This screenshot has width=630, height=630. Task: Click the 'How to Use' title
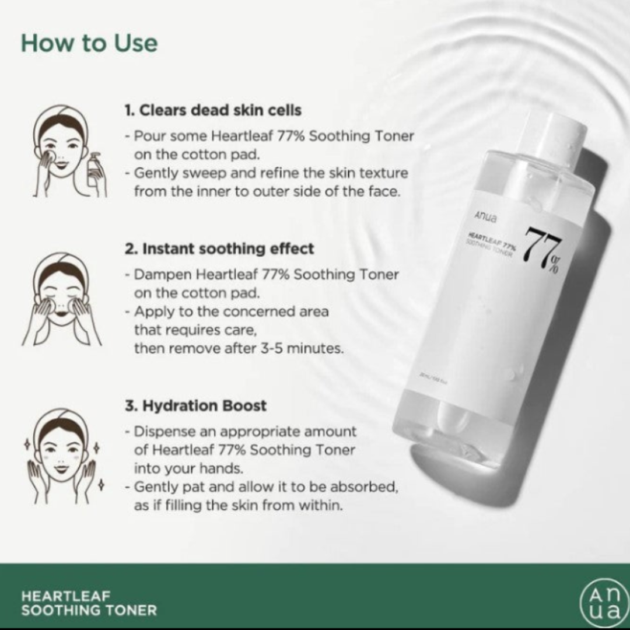tap(89, 43)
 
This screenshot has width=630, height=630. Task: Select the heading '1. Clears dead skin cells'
tap(213, 110)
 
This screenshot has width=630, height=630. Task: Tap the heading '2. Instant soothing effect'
tap(219, 248)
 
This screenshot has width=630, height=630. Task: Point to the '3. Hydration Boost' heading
tap(195, 405)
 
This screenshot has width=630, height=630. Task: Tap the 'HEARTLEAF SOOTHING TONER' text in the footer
tap(89, 603)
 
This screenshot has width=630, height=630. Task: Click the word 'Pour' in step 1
tap(147, 136)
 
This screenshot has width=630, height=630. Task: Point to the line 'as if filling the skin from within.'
tap(238, 505)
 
